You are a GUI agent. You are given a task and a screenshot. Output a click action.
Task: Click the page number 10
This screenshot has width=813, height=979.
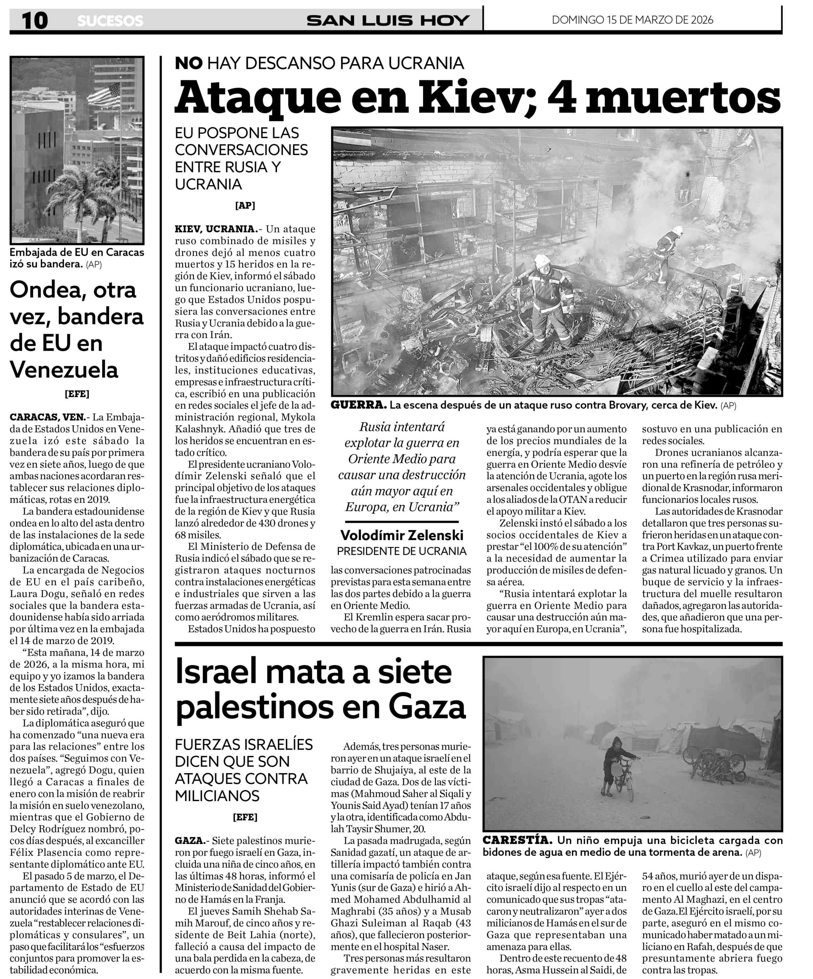tap(35, 21)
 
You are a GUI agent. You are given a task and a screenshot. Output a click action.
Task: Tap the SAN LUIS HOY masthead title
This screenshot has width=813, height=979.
tap(388, 21)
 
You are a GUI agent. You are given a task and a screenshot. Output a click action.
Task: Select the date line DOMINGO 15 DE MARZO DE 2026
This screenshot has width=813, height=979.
tap(632, 20)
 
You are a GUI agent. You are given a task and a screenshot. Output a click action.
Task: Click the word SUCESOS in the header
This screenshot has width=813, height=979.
tap(110, 21)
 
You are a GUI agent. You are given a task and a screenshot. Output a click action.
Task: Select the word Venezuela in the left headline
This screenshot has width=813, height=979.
tap(64, 370)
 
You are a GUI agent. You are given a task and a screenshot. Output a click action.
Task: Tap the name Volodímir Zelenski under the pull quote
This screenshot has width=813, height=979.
tap(402, 535)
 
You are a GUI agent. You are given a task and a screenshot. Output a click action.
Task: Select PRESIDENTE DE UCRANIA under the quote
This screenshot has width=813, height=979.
tap(402, 551)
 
